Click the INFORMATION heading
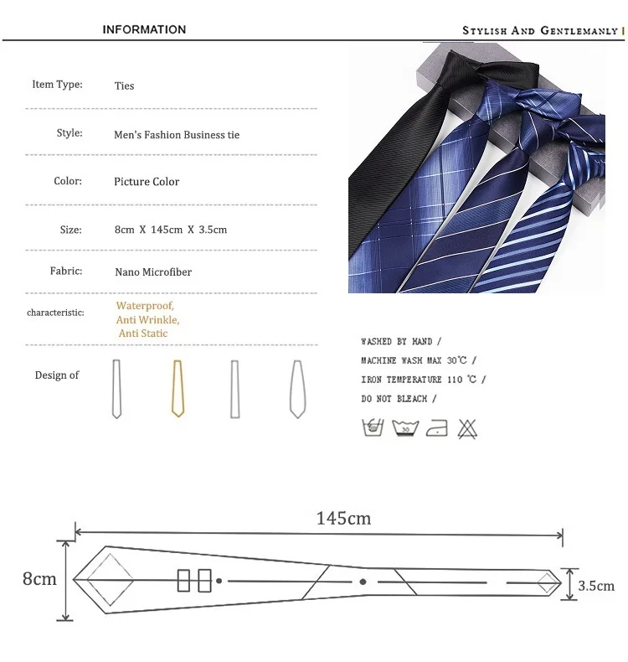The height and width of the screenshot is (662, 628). coord(144,29)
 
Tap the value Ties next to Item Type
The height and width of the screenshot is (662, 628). coord(125,85)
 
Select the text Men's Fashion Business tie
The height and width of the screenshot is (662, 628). coord(177,135)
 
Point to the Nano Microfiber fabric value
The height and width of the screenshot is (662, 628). coord(153,272)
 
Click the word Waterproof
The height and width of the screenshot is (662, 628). coord(145,305)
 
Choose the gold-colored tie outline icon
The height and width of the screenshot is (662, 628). coord(178,389)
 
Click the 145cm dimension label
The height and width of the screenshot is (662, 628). coord(344,518)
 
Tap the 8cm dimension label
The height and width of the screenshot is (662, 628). coord(39,578)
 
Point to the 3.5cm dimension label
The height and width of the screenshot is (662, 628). coord(596,586)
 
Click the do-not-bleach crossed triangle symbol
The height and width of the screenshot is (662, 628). coord(467,429)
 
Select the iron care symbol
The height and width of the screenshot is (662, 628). coord(437,428)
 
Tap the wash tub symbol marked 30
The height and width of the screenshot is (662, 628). coord(405,428)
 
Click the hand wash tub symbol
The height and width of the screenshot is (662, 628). coord(373,427)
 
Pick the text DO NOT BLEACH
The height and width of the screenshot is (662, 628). coord(394,399)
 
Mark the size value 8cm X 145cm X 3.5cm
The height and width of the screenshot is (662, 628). coord(171,230)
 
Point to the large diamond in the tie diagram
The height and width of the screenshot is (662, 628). coord(110,580)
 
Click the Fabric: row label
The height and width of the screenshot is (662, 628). coord(66,271)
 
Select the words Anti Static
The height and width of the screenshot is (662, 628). coord(143,334)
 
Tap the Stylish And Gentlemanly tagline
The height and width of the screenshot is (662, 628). coord(540,30)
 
